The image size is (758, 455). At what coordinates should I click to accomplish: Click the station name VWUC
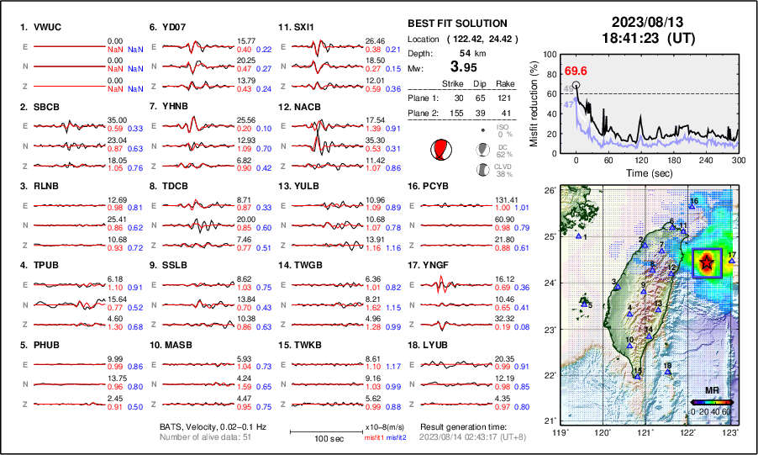(x=49, y=27)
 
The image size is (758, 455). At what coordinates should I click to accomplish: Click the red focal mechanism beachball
(x=440, y=150)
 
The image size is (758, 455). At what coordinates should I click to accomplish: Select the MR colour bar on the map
(x=710, y=401)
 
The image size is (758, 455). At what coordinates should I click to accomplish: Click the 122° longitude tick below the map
(x=687, y=431)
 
